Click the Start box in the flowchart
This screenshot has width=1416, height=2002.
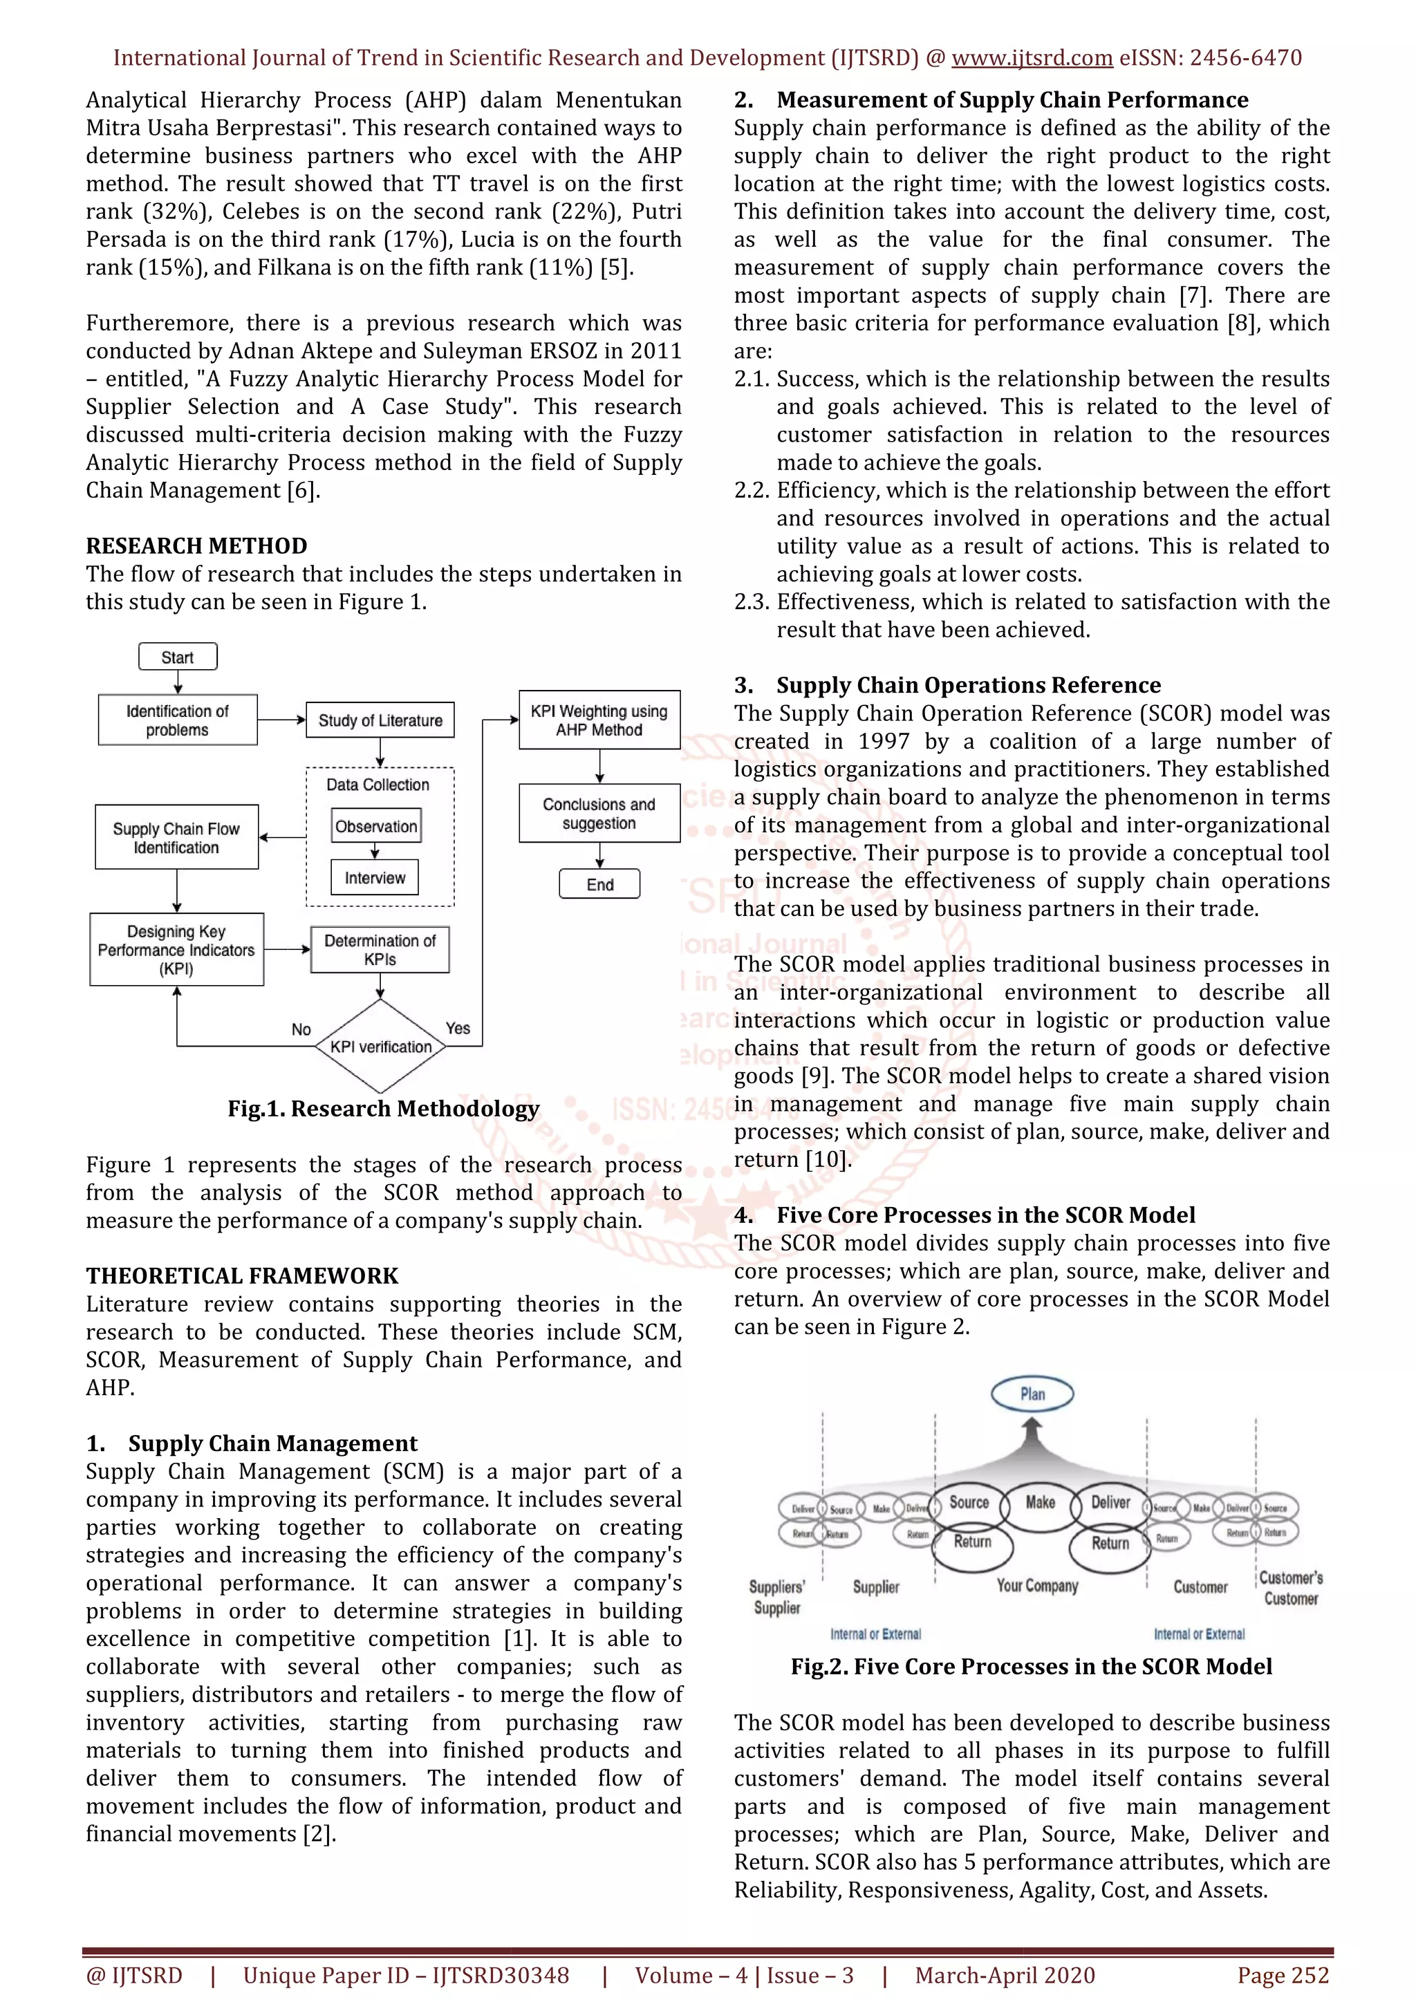pyautogui.click(x=177, y=657)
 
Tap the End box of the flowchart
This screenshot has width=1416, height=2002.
pyautogui.click(x=600, y=884)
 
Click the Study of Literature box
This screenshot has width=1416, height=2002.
pyautogui.click(x=380, y=720)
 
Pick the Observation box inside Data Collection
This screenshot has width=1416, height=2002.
pyautogui.click(x=376, y=825)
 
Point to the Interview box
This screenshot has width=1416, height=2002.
pyautogui.click(x=375, y=877)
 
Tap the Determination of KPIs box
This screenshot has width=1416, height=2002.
pyautogui.click(x=380, y=950)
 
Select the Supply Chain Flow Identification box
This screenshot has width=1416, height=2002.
pyautogui.click(x=176, y=837)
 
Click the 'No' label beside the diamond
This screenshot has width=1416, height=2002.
pyautogui.click(x=301, y=1029)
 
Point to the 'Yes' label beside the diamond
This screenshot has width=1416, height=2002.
pyautogui.click(x=458, y=1028)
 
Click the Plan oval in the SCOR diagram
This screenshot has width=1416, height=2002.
pyautogui.click(x=1032, y=1394)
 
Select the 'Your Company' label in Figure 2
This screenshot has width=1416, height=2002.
pyautogui.click(x=1038, y=1585)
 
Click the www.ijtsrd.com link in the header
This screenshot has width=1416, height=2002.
pyautogui.click(x=1032, y=57)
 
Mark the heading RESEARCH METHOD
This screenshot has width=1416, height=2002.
pyautogui.click(x=196, y=546)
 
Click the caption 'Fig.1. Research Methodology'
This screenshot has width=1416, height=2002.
pyautogui.click(x=384, y=1108)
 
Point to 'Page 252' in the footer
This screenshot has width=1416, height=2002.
pyautogui.click(x=1283, y=1975)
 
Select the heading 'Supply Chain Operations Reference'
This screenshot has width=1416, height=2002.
pyautogui.click(x=969, y=684)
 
